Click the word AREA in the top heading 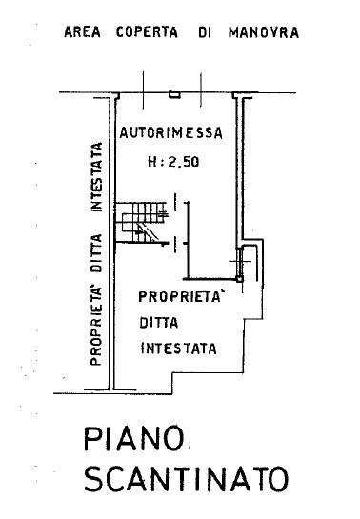coord(83,32)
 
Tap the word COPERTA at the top coord(147,32)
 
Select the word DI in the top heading coord(205,32)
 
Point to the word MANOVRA coord(264,32)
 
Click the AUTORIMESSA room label coord(171,132)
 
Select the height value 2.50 coord(184,162)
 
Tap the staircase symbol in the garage coord(141,223)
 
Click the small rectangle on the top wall coord(174,94)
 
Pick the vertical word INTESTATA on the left coord(96,177)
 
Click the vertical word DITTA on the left coord(96,253)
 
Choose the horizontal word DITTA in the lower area coord(159,323)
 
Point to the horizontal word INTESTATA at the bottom coord(179,349)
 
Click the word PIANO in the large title coord(133,439)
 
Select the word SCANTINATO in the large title coord(187,479)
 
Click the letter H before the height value coord(153,162)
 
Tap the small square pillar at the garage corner coord(240,279)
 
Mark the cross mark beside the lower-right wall coord(241,262)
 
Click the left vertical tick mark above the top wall coord(143,90)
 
